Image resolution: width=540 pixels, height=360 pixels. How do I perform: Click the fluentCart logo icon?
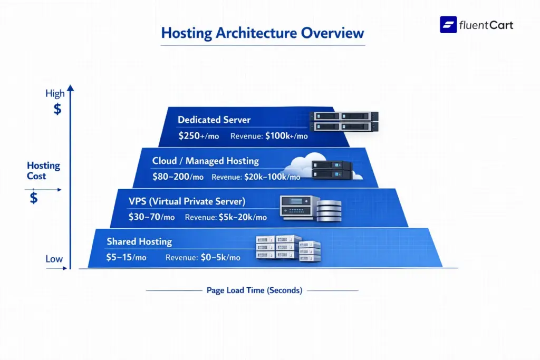point(448,25)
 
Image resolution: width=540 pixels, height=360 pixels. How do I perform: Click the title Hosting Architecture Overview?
point(263,33)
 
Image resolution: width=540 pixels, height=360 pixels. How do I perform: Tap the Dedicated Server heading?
point(214,120)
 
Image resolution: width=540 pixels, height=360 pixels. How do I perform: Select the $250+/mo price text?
point(199,136)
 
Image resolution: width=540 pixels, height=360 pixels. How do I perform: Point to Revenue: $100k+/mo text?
point(269,136)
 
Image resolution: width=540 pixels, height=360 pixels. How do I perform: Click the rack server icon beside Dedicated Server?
point(344,121)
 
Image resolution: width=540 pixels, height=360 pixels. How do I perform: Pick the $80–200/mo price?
point(177,177)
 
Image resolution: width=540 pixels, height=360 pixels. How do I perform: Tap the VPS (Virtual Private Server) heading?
point(187,201)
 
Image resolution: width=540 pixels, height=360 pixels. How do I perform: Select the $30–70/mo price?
point(151,217)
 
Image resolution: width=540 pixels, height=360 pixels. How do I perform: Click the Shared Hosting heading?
point(139,241)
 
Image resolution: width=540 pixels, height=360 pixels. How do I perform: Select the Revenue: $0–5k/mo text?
point(202,258)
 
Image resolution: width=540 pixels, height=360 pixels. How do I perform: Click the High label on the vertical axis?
point(55,94)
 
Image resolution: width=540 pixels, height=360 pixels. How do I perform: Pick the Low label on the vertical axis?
point(54,259)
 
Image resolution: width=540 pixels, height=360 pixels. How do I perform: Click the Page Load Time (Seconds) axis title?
point(254,290)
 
